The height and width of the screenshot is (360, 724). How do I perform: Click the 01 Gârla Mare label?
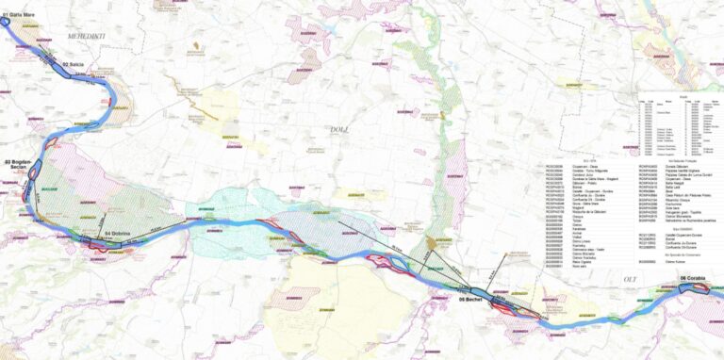(x=21, y=14)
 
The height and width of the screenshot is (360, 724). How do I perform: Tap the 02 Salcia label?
(x=73, y=63)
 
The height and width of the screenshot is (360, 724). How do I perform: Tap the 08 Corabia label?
(x=693, y=279)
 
